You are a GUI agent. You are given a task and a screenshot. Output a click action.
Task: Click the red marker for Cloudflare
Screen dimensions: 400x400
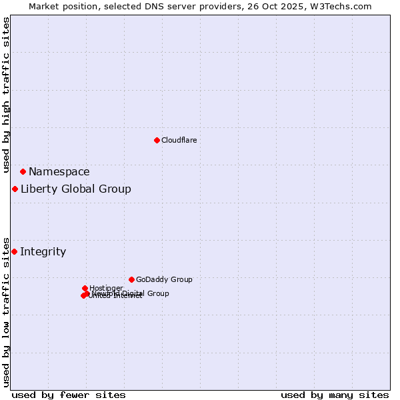pyautogui.click(x=157, y=140)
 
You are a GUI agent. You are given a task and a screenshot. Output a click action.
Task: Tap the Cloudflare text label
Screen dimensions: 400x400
pyautogui.click(x=179, y=140)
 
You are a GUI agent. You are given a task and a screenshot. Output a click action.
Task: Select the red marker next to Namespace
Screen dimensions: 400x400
pyautogui.click(x=23, y=171)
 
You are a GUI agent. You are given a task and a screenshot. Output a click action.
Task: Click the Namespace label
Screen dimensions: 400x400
pyautogui.click(x=59, y=171)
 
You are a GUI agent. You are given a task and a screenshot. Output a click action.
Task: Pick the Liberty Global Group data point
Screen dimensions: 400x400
pyautogui.click(x=15, y=189)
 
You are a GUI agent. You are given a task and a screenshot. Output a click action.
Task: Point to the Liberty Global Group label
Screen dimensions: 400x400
pyautogui.click(x=75, y=189)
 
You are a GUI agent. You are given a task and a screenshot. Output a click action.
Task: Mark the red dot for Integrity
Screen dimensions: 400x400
pyautogui.click(x=14, y=251)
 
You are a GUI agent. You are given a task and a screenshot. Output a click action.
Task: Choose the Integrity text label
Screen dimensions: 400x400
pyautogui.click(x=43, y=251)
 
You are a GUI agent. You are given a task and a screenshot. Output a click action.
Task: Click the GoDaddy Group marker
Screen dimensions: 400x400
pyautogui.click(x=131, y=279)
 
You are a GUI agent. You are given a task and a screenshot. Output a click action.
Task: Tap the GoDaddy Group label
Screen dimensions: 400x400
pyautogui.click(x=164, y=279)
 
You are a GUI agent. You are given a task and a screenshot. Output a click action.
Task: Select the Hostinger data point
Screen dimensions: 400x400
pyautogui.click(x=85, y=288)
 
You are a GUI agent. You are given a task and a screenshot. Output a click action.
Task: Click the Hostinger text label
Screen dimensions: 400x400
pyautogui.click(x=106, y=288)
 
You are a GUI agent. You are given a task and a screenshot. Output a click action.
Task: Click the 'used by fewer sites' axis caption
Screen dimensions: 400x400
pyautogui.click(x=69, y=395)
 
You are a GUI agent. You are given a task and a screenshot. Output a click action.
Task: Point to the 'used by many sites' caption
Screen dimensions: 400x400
pyautogui.click(x=335, y=395)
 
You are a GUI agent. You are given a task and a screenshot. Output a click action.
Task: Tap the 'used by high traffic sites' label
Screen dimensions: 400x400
pyautogui.click(x=7, y=95)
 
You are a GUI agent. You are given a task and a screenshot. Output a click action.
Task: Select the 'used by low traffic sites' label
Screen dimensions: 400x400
pyautogui.click(x=7, y=311)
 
